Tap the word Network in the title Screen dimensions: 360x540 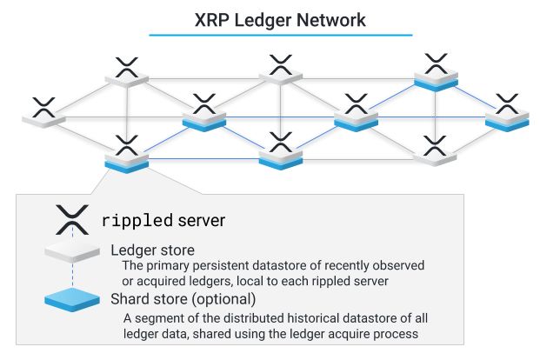coord(329,18)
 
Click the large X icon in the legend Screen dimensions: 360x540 coord(73,220)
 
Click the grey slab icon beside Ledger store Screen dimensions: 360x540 coord(74,252)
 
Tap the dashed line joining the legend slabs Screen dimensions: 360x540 coord(74,277)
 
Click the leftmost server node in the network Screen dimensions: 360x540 coord(43,113)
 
